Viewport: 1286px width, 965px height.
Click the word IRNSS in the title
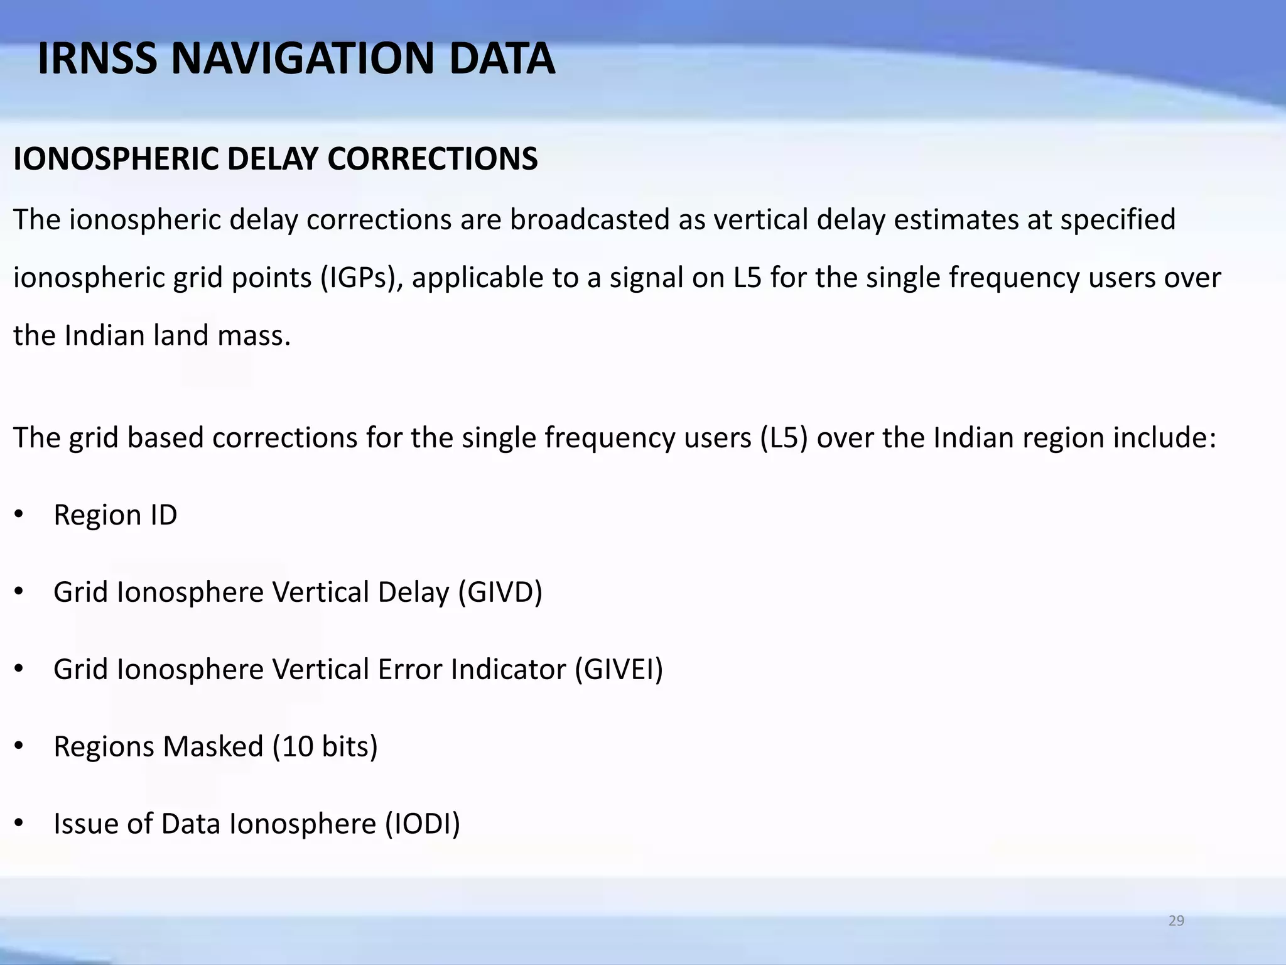point(97,58)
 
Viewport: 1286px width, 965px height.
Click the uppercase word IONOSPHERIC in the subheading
point(116,159)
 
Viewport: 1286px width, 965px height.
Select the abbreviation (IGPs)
point(362,278)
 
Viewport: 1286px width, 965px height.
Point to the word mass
point(254,335)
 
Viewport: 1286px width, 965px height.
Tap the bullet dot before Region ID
point(19,515)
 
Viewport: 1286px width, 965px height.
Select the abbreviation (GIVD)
point(500,592)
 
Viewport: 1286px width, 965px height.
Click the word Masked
point(213,747)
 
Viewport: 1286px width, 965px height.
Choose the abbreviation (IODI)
point(423,824)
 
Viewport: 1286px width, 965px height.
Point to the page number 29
point(1176,921)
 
